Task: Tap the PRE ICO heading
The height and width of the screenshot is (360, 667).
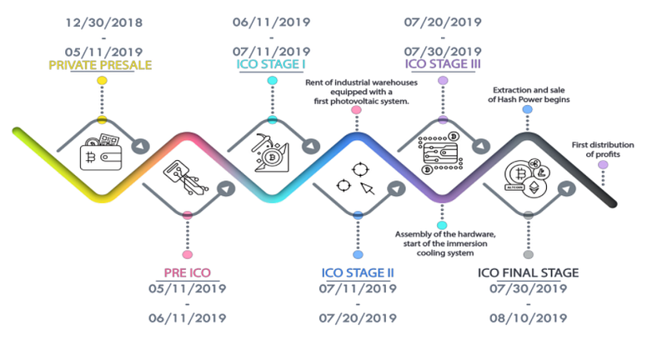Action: [x=188, y=272]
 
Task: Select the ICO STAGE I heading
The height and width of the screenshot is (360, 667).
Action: [x=273, y=62]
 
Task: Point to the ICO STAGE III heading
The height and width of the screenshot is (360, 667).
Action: [x=443, y=62]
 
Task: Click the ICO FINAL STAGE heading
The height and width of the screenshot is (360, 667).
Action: [x=528, y=272]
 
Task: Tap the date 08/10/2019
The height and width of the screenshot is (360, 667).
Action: [x=528, y=317]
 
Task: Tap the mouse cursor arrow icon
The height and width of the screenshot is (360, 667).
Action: [x=368, y=187]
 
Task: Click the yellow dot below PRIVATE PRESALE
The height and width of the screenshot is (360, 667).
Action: [x=102, y=81]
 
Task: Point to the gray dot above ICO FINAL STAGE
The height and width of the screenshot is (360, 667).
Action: [x=528, y=253]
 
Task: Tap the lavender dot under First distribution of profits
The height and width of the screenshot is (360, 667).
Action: [x=603, y=165]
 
